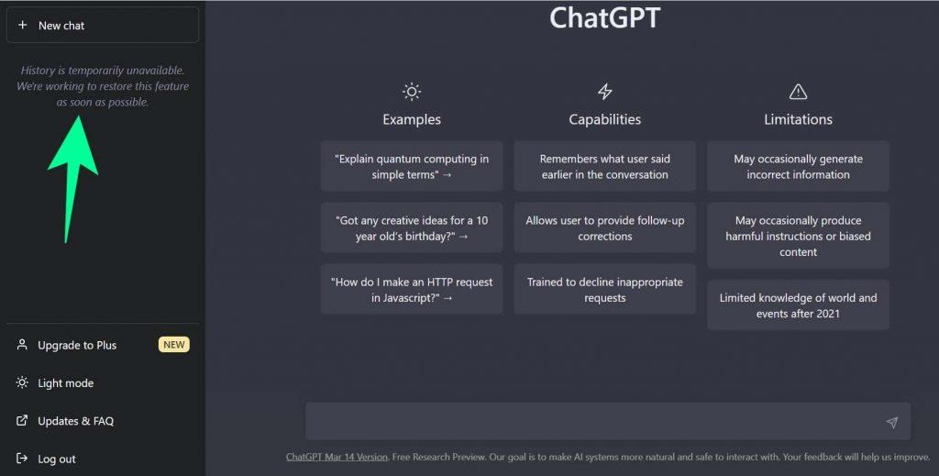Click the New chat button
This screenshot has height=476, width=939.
pos(102,26)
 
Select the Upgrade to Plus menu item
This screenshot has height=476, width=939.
pos(77,345)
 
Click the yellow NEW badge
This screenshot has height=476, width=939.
pos(173,345)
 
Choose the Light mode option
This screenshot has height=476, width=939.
pos(65,383)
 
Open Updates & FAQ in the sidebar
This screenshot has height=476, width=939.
pos(75,421)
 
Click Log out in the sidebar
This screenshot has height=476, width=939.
pos(57,459)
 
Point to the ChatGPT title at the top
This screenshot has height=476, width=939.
pos(604,17)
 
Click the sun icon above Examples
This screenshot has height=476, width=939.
pos(412,92)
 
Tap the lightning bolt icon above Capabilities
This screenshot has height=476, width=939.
pos(604,92)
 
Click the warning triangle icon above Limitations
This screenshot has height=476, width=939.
pos(798,92)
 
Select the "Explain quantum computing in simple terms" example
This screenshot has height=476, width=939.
pos(412,166)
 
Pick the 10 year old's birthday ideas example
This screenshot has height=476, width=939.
pos(412,227)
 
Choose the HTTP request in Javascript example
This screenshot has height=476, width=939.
pos(412,289)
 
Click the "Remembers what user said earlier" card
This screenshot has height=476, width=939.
pos(604,166)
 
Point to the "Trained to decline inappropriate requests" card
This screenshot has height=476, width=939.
pos(604,289)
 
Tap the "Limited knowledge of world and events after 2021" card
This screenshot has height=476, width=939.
pos(798,304)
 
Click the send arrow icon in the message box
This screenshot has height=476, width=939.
pos(891,422)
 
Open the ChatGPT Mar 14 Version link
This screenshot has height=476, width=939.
pos(337,457)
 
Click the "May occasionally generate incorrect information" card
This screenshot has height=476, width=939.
pos(798,166)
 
